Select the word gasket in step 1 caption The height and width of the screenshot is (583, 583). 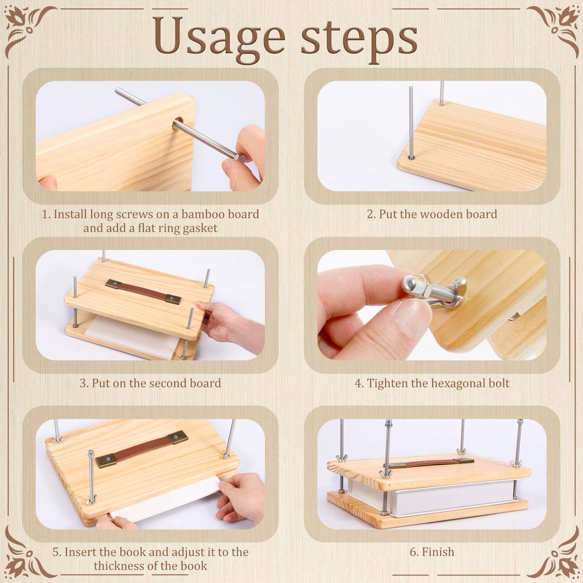(199, 228)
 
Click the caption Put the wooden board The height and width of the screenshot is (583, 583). (432, 215)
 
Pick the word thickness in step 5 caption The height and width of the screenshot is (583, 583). (119, 566)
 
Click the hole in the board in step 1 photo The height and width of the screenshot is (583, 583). (178, 122)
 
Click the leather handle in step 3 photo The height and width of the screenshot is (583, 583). (142, 291)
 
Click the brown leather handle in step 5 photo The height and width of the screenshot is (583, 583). (141, 448)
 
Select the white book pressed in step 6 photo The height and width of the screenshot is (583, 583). (433, 495)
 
